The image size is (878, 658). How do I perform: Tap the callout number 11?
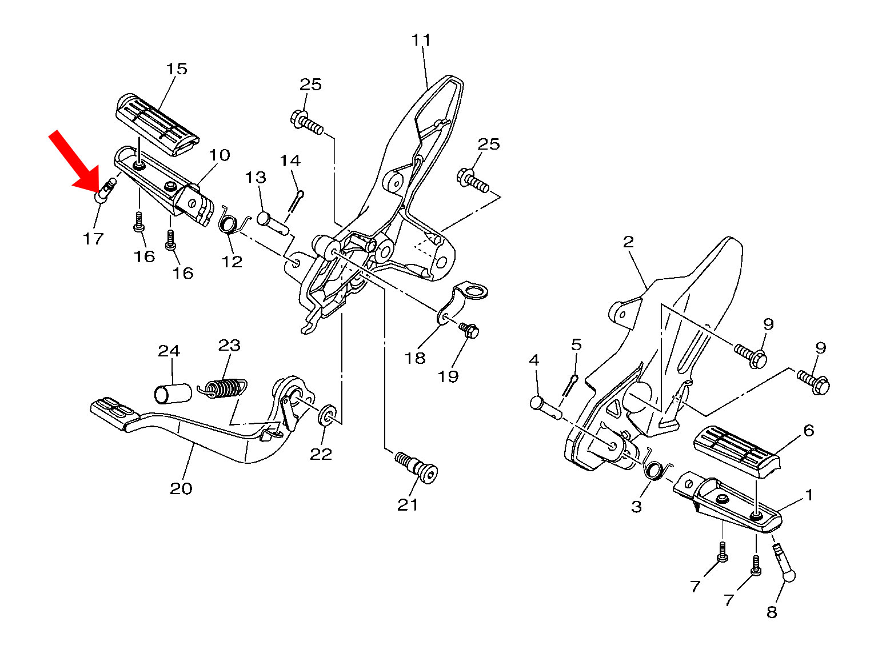point(421,40)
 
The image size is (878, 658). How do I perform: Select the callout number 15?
point(177,69)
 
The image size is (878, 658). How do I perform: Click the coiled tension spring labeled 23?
point(222,387)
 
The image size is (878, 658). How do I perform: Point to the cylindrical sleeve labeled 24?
point(173,394)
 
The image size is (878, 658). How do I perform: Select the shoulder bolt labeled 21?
point(416,467)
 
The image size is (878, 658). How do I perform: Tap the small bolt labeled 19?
point(469,330)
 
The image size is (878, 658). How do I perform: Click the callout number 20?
point(181,488)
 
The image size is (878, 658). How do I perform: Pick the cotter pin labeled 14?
point(296,206)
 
